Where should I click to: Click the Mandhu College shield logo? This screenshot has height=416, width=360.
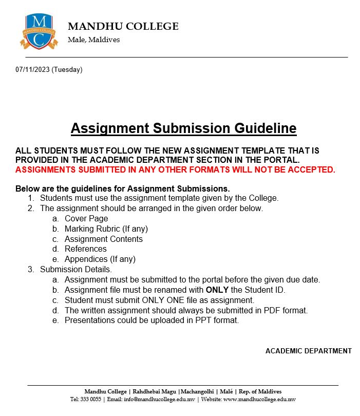pos(39,32)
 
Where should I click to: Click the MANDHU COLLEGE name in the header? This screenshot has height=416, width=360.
pos(123,27)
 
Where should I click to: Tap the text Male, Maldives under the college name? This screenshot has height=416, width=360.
pos(94,40)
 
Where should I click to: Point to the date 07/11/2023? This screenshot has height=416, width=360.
pos(32,69)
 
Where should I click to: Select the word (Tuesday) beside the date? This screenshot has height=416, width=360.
pos(67,69)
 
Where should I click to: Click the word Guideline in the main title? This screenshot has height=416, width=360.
pos(264,128)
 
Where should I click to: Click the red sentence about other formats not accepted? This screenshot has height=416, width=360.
pos(175,169)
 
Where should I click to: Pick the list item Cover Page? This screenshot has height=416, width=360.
pos(86,219)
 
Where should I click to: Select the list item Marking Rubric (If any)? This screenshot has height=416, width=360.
pos(106,229)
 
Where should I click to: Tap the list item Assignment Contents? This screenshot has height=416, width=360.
pos(104,239)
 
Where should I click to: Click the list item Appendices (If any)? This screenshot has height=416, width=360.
pos(100,259)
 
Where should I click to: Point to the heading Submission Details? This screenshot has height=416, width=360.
pos(76,269)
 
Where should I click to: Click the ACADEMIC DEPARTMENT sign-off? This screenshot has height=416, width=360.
pos(308,351)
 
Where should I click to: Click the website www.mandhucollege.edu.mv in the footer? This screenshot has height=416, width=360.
pos(259,400)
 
